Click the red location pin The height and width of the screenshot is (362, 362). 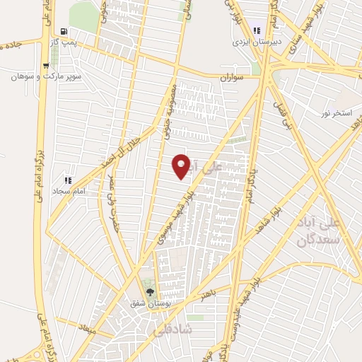[182, 165]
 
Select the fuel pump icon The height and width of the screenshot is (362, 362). [65, 31]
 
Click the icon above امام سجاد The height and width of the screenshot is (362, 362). [69, 180]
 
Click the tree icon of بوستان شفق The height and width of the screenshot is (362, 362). [149, 291]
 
